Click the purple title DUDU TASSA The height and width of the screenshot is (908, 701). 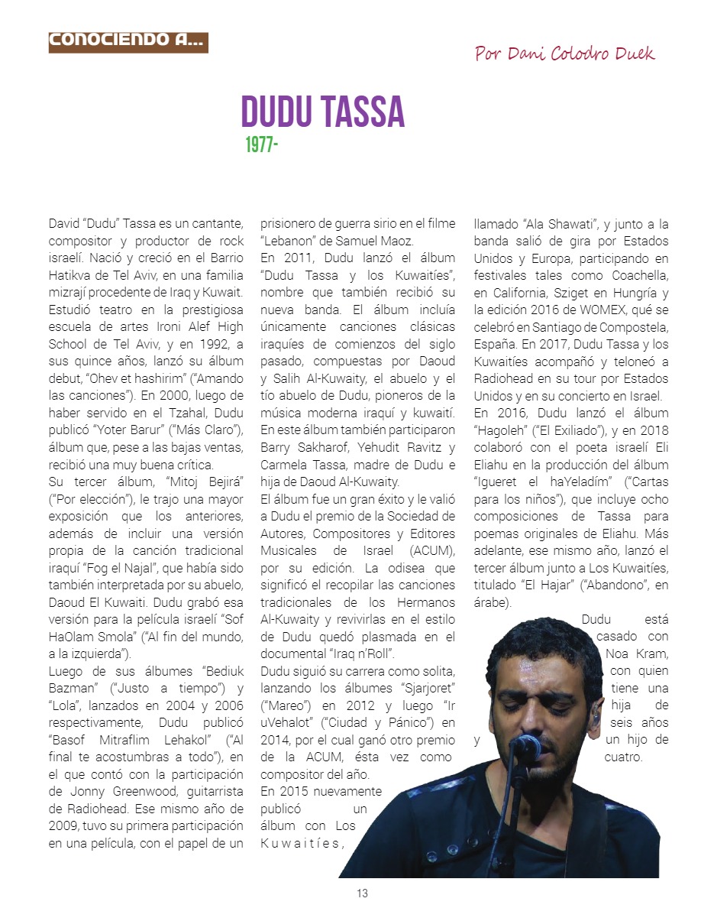tap(322, 112)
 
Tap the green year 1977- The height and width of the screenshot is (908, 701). tap(261, 144)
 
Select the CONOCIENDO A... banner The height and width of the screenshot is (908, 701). tap(128, 42)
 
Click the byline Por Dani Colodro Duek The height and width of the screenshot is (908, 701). tap(564, 54)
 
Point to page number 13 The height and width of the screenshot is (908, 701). tap(362, 893)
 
